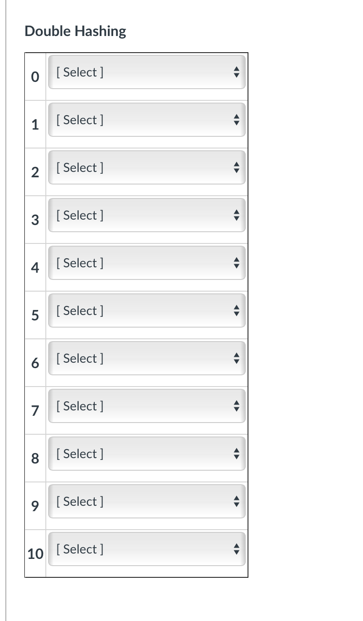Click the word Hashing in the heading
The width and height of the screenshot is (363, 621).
pos(100,31)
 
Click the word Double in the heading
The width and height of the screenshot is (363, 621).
pos(48,31)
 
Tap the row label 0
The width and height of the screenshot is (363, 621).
pos(35,77)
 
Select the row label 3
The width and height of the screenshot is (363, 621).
pos(35,220)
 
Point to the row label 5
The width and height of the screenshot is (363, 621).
pos(35,315)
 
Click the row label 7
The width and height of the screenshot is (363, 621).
pos(35,411)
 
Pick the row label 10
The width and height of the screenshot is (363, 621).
pos(35,554)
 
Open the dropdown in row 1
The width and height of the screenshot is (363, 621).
pos(146,120)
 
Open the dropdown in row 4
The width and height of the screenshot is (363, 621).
pos(146,263)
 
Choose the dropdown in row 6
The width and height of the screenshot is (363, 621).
pos(146,358)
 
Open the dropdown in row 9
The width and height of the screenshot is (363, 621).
pos(146,501)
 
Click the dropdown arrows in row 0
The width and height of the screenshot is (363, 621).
pos(237,72)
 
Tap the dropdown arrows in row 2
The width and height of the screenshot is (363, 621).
pos(237,167)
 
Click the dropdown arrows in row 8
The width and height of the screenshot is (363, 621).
pos(237,454)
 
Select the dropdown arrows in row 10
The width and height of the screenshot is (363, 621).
pos(237,549)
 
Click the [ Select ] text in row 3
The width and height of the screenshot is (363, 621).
pos(80,215)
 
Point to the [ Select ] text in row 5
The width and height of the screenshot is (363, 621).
pos(80,310)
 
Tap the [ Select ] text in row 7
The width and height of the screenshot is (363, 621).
pos(80,406)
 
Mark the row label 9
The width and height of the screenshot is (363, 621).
pos(35,506)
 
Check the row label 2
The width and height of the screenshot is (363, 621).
pos(35,172)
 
